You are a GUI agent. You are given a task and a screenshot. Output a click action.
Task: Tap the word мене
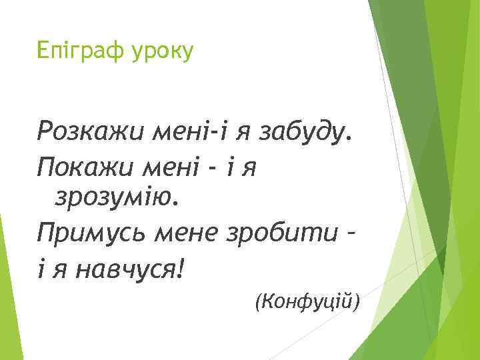[194, 235]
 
